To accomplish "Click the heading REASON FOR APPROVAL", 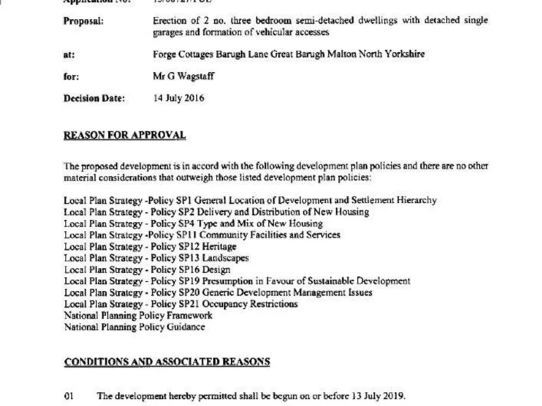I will pos(125,135).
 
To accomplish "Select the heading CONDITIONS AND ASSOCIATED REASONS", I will pos(167,362).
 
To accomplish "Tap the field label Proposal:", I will pos(83,21).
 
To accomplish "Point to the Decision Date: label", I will pos(95,99).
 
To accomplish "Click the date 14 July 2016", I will pos(179,99).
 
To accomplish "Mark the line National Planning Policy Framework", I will pos(138,315).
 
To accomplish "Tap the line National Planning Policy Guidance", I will pos(135,327).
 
